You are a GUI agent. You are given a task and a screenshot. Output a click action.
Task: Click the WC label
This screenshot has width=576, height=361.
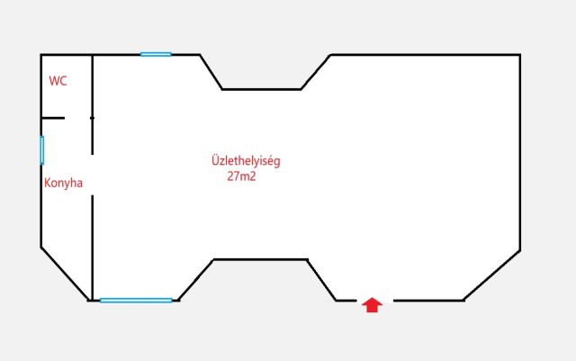coord(58,81)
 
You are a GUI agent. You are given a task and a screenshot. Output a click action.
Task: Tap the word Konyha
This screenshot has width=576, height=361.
coord(63,183)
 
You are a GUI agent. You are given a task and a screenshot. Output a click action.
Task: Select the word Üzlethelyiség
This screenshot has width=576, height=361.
coord(246,161)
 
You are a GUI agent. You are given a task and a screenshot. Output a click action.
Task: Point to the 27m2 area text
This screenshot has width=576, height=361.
coord(241,176)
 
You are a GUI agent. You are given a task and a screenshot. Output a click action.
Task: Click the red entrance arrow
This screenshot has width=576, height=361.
coord(372,305)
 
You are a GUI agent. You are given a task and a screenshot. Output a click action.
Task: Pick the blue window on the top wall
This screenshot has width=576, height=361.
coord(156,54)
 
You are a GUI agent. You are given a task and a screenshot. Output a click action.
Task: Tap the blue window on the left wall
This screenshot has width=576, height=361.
coord(42,150)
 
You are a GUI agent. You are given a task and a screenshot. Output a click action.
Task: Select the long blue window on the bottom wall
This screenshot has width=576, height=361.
coord(136,301)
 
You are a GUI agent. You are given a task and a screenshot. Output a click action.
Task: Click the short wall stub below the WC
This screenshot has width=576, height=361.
coord(53,118)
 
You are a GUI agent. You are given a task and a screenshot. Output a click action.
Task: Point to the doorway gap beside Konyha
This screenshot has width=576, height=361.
coord(92,175)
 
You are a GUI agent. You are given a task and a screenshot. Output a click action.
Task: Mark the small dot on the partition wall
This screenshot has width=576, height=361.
coord(92,118)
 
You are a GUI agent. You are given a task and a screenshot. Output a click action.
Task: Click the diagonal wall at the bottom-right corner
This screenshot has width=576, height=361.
coord(492,275)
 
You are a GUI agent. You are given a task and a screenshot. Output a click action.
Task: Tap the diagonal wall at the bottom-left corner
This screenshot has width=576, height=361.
coord(65,274)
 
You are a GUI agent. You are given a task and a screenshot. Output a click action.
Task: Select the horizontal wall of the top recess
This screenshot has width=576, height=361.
coord(261,89)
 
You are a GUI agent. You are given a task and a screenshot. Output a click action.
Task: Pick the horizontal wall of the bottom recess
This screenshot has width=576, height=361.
coord(260,259)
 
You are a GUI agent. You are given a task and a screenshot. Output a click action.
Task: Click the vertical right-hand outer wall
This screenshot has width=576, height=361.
coord(520,152)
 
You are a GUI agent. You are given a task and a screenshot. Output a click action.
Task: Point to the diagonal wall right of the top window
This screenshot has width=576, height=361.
coord(211,72)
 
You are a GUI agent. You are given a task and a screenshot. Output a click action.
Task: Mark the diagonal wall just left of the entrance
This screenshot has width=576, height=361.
coord(322,280)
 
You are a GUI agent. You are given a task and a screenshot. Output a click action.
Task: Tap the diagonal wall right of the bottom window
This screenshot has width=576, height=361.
coord(195,280)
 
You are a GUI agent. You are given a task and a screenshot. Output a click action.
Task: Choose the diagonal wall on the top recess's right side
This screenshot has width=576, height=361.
coord(316,72)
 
